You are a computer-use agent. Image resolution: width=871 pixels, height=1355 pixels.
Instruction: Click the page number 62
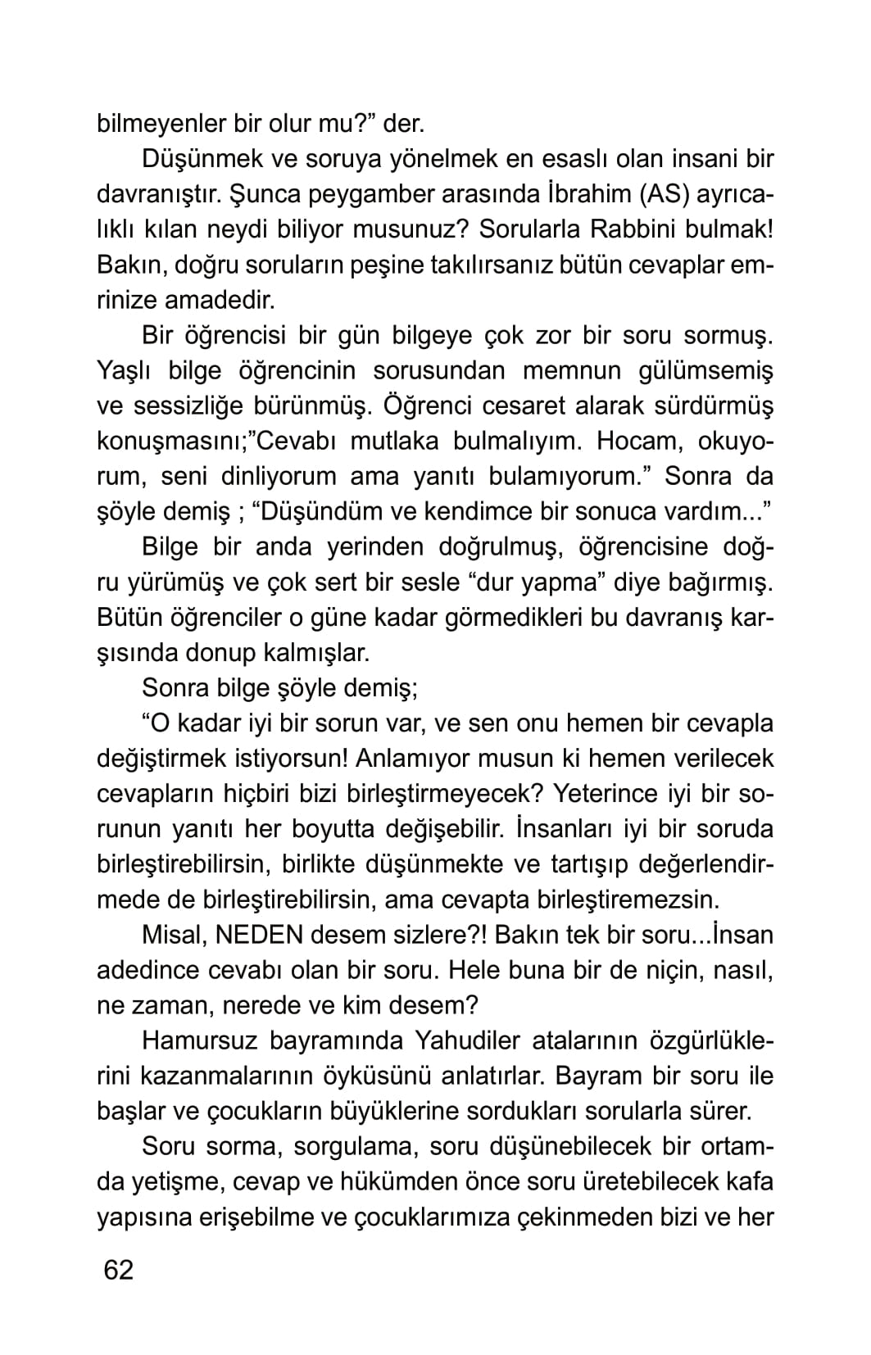[118, 1270]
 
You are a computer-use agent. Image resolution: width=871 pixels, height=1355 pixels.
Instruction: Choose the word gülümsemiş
[705, 371]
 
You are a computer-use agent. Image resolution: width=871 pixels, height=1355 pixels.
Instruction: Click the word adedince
[148, 970]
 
